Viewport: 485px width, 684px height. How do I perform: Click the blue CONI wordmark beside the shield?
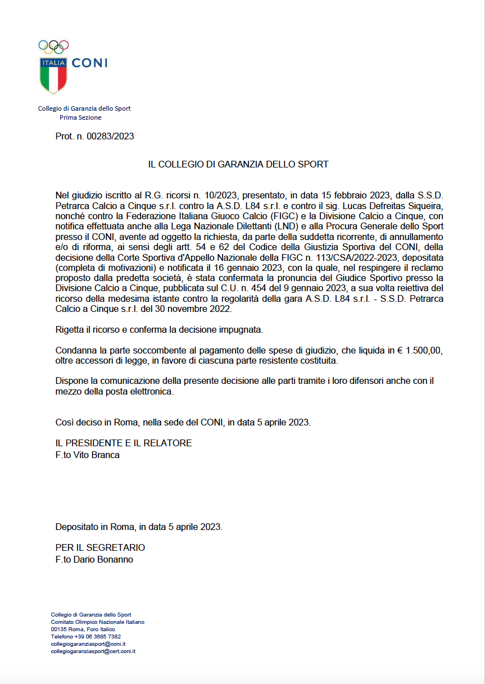pyautogui.click(x=89, y=63)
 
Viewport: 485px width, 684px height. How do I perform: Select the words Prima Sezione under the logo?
pyautogui.click(x=80, y=117)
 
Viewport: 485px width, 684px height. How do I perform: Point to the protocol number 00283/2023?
pyautogui.click(x=110, y=136)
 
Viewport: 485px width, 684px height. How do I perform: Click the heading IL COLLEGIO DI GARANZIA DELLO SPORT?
pyautogui.click(x=238, y=165)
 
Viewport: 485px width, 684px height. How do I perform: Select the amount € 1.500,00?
pyautogui.click(x=420, y=350)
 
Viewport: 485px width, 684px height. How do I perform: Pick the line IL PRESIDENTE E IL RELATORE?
pyautogui.click(x=124, y=443)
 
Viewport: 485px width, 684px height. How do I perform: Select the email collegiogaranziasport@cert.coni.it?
pyautogui.click(x=93, y=651)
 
